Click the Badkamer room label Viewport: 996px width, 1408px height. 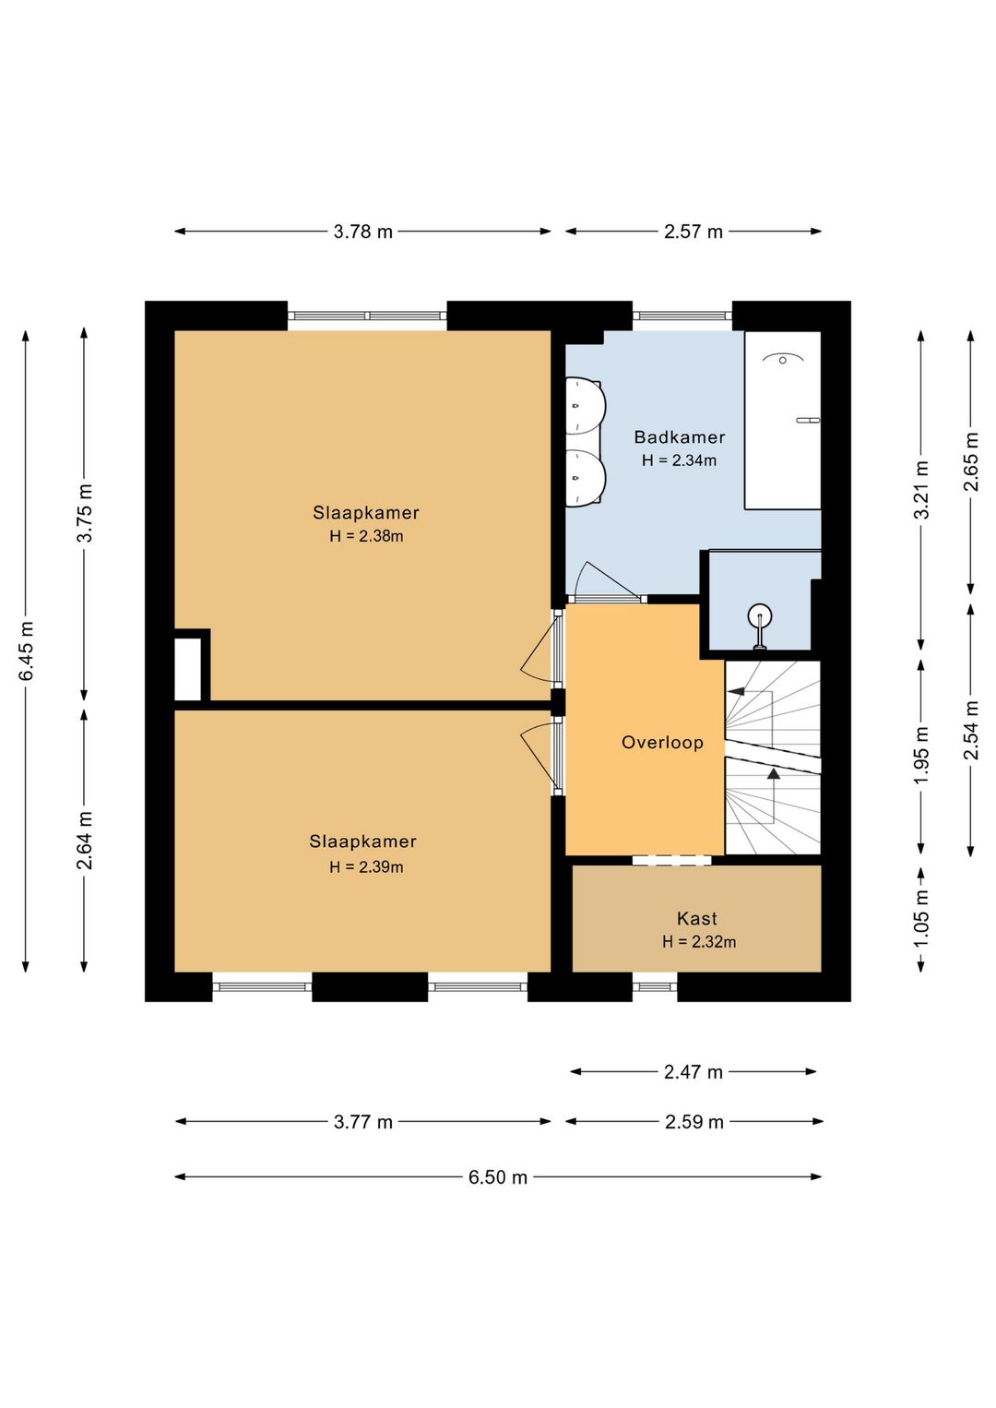(x=680, y=436)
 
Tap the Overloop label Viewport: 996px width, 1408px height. (x=662, y=743)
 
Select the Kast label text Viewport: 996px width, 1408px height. (x=697, y=918)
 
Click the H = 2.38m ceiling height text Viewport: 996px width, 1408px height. (x=366, y=536)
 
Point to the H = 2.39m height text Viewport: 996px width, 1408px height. (x=366, y=866)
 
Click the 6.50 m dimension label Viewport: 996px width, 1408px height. (x=498, y=1177)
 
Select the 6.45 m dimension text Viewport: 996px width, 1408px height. (x=27, y=650)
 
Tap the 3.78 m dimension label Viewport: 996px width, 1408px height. (x=363, y=232)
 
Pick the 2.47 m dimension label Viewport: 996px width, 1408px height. (x=694, y=1072)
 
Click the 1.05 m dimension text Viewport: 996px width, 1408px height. (x=921, y=918)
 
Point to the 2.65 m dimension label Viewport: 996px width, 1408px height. (x=971, y=461)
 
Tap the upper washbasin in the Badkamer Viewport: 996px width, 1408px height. (x=585, y=406)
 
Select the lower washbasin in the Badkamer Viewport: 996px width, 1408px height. (x=585, y=478)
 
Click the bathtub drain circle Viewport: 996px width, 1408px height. (x=783, y=360)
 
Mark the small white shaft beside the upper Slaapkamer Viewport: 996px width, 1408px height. (x=187, y=669)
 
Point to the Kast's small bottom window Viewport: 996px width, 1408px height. (x=654, y=987)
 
